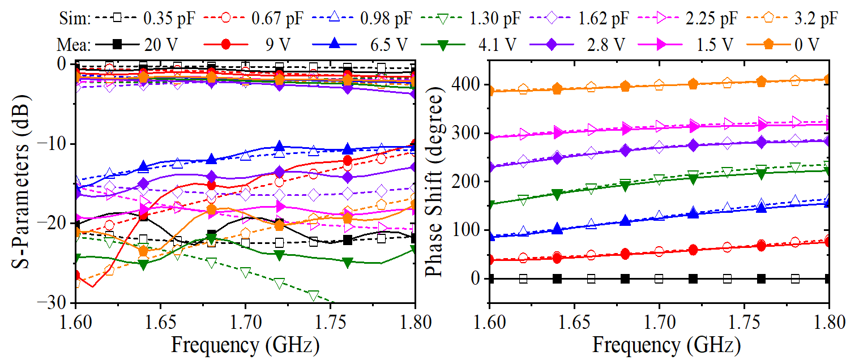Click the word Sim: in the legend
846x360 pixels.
click(74, 18)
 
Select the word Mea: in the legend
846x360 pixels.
click(74, 44)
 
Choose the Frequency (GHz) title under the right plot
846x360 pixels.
click(659, 345)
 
